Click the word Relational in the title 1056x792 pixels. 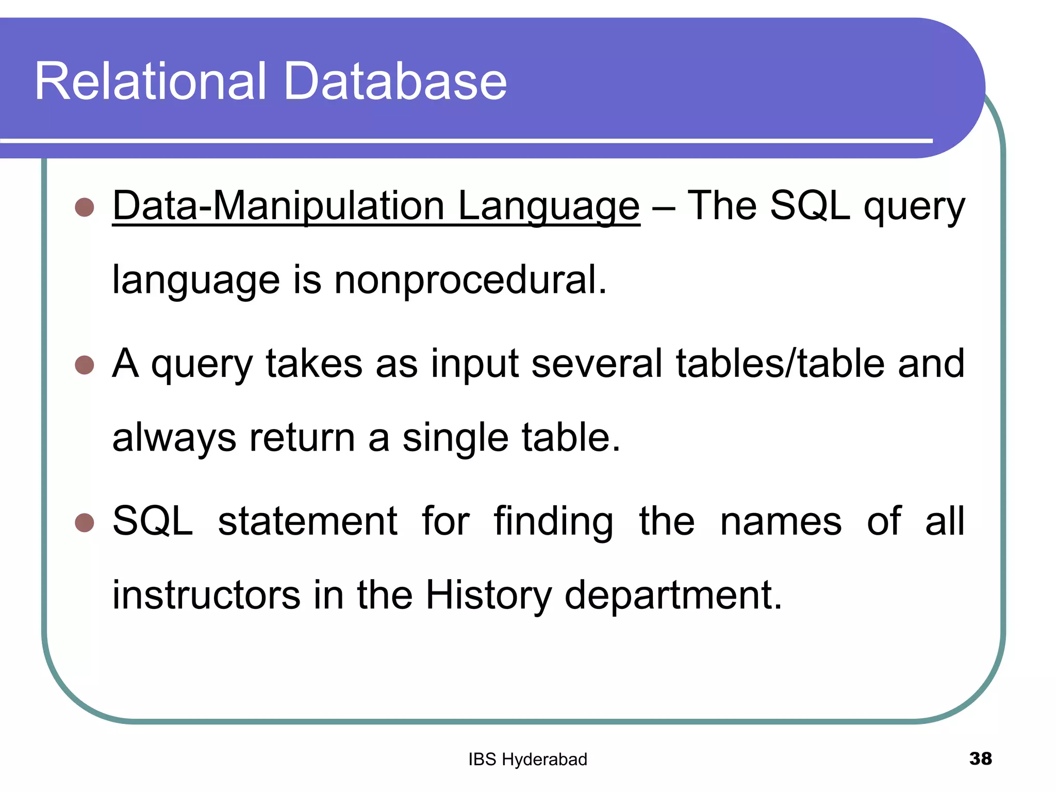pos(151,81)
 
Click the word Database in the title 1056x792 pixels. pos(395,81)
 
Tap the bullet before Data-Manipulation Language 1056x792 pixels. pos(84,207)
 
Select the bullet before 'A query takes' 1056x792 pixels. pos(84,365)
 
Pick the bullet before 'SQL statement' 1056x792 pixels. pos(84,522)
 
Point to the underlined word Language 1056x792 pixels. pos(549,206)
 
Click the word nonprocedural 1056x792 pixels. pos(470,280)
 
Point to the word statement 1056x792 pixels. pos(308,521)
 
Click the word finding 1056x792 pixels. pos(553,521)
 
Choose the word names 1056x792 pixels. pos(780,521)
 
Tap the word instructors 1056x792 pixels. pos(206,595)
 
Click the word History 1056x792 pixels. pos(488,595)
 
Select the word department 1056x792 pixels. pos(673,595)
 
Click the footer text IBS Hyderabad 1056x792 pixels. pos(527,760)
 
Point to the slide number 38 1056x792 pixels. pos(980,758)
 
